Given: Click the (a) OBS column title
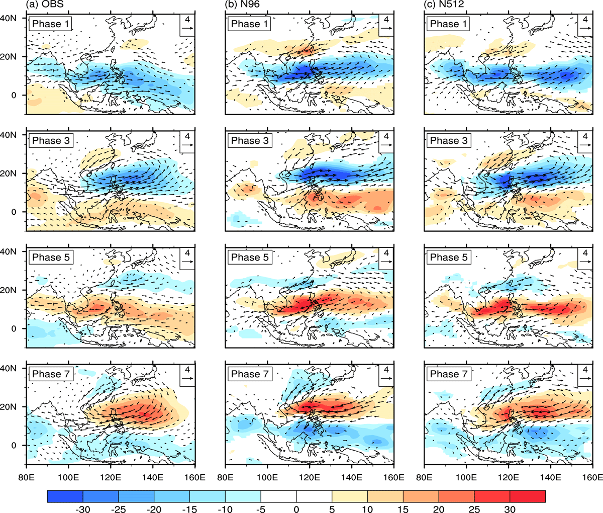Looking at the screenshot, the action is tap(45, 4).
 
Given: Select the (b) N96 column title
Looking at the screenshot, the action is tap(242, 4).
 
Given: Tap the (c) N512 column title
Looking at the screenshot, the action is tap(443, 4).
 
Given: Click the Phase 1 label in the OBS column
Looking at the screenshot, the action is tap(50, 24).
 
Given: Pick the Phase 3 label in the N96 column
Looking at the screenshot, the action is tap(250, 140).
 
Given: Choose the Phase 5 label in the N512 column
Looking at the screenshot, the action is tap(449, 257).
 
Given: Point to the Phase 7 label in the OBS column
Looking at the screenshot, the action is tap(51, 374).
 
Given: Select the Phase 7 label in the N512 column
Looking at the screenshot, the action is tap(449, 374).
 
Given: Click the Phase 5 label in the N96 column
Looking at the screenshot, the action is tap(250, 257).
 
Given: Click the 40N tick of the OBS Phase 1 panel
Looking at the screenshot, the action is tap(8, 18).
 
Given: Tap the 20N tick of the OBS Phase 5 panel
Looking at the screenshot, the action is tap(8, 290).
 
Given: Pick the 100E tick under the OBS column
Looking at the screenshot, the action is tap(68, 478).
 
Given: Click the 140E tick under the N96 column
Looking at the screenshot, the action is tap(352, 478).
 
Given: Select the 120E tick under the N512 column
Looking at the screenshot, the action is tap(509, 478).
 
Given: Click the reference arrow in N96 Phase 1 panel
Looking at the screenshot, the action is tap(386, 28).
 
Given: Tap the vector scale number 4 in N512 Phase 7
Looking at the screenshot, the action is tap(585, 370).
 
